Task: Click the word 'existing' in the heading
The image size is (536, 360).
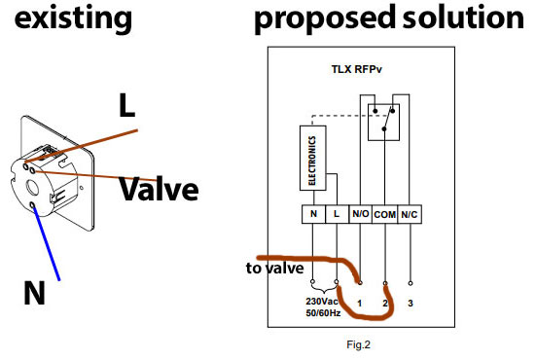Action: point(73,18)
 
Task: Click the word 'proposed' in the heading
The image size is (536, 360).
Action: point(324,18)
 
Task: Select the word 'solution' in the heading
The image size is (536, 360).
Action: point(463,18)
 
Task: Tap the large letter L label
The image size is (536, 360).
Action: point(126,105)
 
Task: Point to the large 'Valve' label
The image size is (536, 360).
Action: point(159,189)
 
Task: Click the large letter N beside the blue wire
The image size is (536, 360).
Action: point(34,292)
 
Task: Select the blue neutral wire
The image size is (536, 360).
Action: point(46,242)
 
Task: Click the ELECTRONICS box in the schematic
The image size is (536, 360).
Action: point(313,158)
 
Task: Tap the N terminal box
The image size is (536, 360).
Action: point(313,214)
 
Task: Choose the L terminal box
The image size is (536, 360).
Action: point(337,214)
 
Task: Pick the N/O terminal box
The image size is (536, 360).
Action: point(360,214)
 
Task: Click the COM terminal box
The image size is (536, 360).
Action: point(385,214)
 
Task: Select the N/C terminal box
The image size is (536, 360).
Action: point(410,214)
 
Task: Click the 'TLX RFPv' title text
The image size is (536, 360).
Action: point(357,69)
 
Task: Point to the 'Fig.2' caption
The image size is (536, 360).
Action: point(358,344)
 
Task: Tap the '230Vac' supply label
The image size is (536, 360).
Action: point(322,302)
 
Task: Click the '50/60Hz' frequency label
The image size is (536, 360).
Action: point(323,313)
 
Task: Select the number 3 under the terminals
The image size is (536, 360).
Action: point(411,303)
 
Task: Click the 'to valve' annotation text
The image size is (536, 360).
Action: point(275,268)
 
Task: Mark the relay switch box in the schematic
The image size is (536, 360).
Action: point(383,123)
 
